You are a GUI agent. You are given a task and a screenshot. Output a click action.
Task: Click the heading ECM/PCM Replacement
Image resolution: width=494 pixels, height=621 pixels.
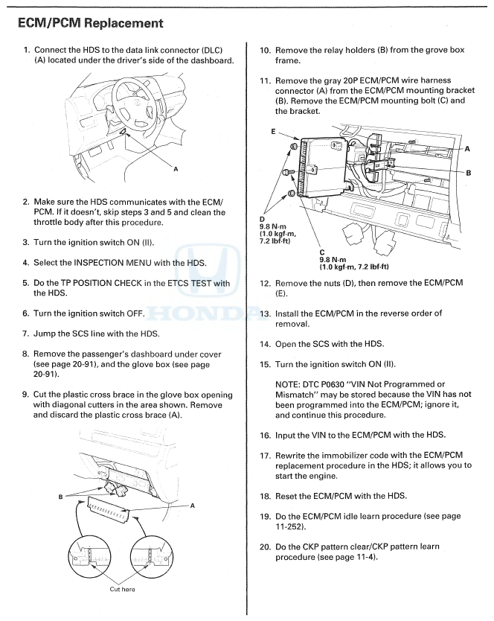tap(90, 23)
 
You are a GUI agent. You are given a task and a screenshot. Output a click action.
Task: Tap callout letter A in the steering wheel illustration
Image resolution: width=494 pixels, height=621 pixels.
tap(176, 169)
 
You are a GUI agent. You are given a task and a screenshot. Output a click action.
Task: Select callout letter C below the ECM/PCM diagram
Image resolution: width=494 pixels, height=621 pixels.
tap(322, 251)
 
